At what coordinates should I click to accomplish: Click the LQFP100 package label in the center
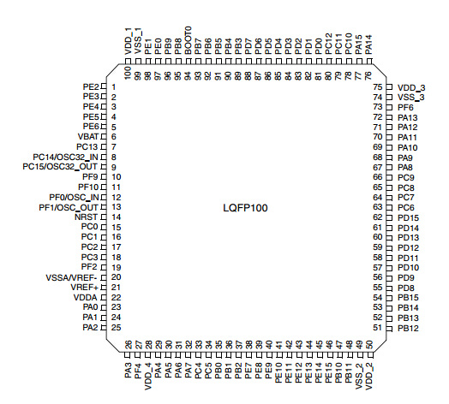click(x=245, y=208)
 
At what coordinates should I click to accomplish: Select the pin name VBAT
click(x=88, y=137)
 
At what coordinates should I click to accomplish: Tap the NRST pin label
click(x=87, y=217)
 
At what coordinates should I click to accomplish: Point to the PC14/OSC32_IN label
click(x=66, y=157)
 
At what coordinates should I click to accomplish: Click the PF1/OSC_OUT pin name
click(x=69, y=207)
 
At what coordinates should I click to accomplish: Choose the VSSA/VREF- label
click(x=72, y=277)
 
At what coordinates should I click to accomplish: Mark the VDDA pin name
click(x=86, y=298)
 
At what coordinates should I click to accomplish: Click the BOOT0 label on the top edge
click(x=188, y=40)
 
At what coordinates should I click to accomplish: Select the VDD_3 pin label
click(x=411, y=88)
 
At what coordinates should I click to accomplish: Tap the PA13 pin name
click(x=408, y=117)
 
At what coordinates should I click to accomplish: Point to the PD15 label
click(x=408, y=217)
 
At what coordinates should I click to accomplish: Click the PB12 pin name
click(x=408, y=328)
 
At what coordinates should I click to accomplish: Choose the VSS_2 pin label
click(x=359, y=376)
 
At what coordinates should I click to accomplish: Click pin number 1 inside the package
click(x=114, y=87)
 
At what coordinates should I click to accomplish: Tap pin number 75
click(x=378, y=87)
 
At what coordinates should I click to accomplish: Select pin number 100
click(x=128, y=73)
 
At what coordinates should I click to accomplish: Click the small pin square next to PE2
click(x=104, y=86)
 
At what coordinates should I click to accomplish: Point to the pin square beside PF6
click(x=389, y=107)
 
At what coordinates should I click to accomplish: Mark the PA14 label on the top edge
click(x=369, y=45)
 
